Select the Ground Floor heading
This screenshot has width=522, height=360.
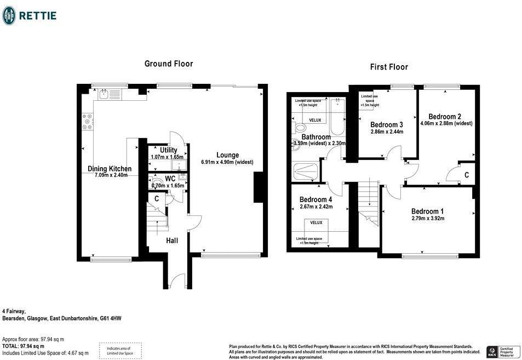click(169, 64)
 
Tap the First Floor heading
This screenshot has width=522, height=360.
click(389, 67)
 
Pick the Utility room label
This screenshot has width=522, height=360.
click(168, 150)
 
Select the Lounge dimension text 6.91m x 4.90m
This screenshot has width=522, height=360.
click(227, 162)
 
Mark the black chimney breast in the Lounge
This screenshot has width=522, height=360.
click(258, 187)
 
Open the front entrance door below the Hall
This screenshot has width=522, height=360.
click(176, 282)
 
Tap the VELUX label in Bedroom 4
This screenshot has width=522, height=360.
click(317, 223)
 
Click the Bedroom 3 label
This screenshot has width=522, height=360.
click(387, 124)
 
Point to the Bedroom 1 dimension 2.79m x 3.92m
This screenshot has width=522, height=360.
click(428, 219)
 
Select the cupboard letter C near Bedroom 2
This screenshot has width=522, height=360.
click(466, 175)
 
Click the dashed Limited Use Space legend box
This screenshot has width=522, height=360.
click(120, 351)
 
